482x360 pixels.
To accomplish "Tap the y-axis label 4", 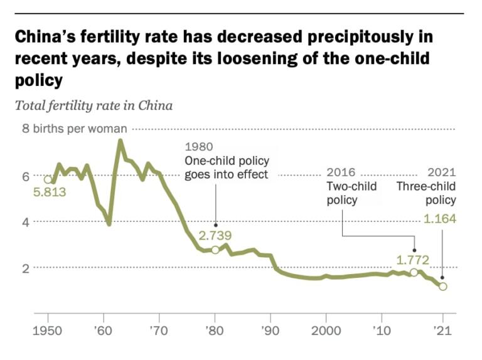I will point(26,222).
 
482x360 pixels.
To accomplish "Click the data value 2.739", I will point(215,236).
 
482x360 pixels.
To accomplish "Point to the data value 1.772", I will point(412,258).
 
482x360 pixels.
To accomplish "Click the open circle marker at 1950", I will point(48,179).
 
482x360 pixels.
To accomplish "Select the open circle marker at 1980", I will point(215,250).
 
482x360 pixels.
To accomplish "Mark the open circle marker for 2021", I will point(442,287).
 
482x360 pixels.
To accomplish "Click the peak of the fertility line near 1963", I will point(120,141).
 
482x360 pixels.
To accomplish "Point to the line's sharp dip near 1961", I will point(109,223).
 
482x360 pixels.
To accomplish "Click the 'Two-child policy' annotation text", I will point(351,193).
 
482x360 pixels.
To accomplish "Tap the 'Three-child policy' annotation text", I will point(426,193).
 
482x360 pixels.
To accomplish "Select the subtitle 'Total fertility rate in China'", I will point(94,105).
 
